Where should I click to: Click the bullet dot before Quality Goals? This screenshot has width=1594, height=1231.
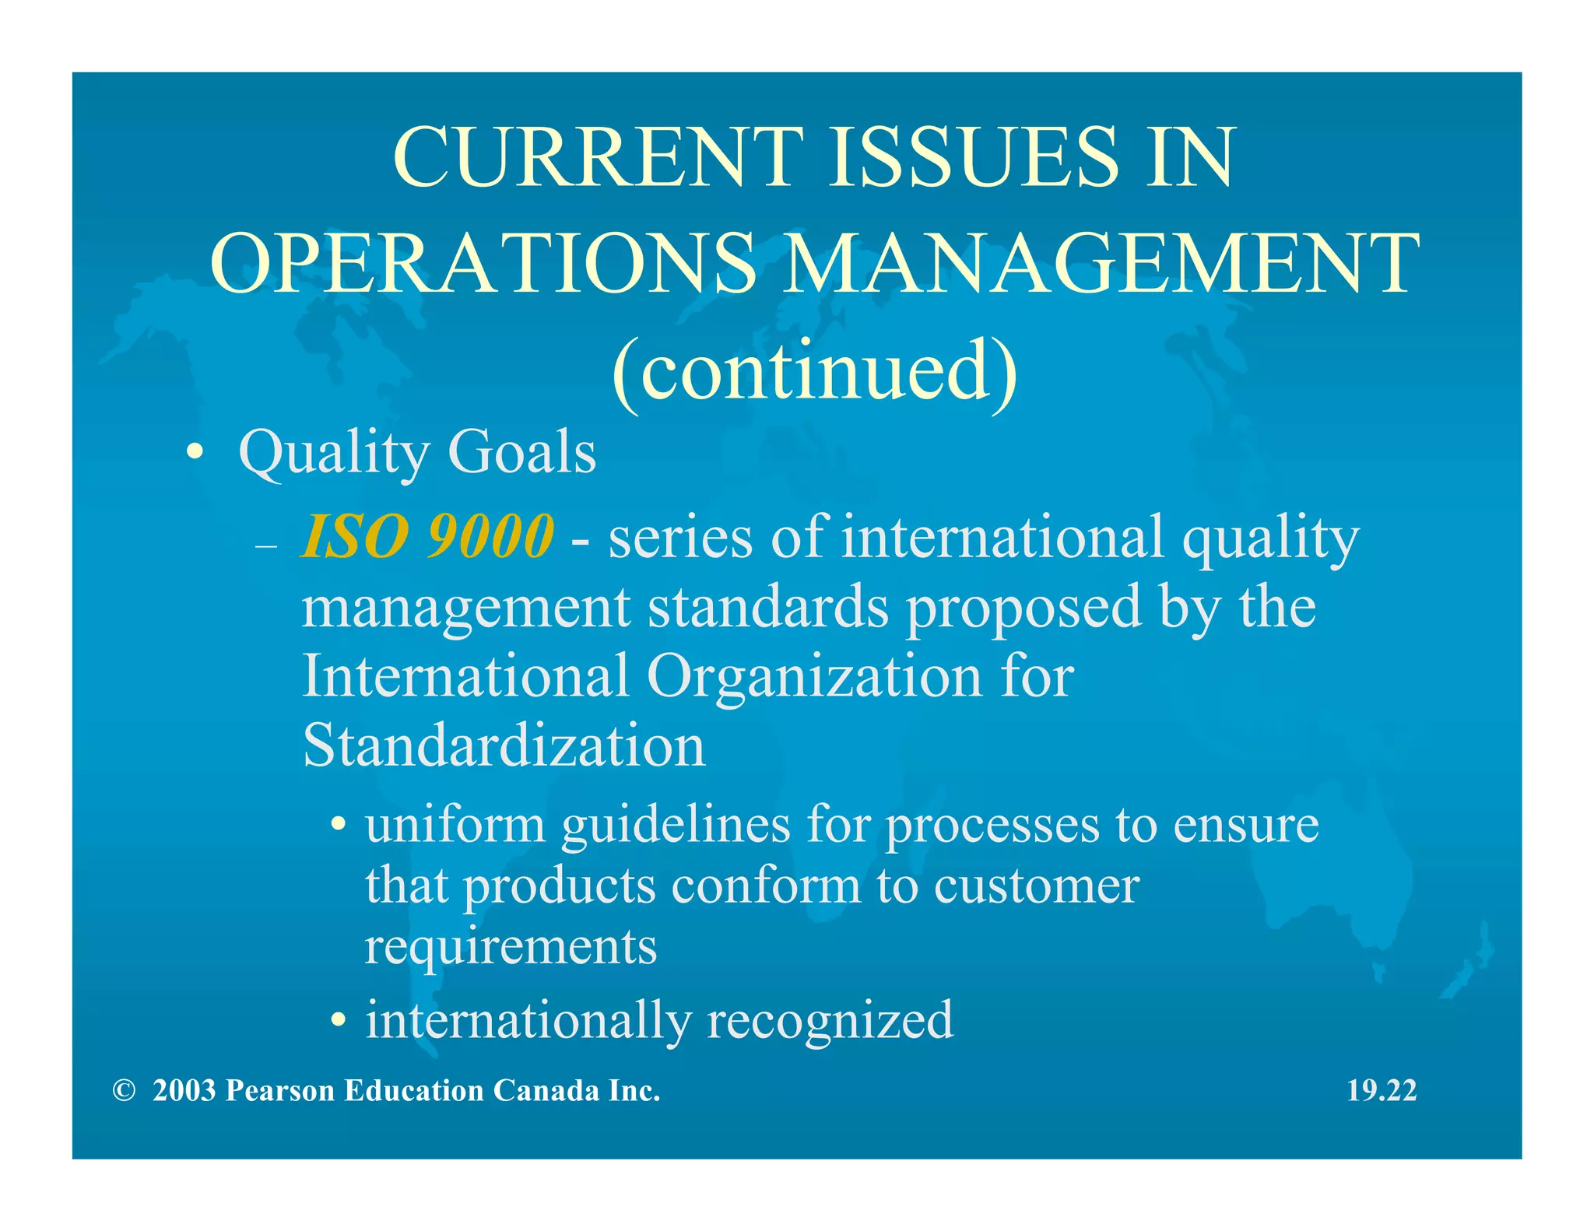195,452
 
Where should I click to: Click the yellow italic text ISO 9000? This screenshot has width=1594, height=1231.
427,536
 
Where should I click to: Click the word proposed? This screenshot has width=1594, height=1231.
1023,608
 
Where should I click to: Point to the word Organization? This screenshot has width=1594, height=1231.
814,675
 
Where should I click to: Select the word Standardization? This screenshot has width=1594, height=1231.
504,745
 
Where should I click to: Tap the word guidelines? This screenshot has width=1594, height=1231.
676,825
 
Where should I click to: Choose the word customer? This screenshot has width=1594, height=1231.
1037,886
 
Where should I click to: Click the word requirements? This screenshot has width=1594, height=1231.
511,948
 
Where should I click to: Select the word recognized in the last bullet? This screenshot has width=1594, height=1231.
830,1019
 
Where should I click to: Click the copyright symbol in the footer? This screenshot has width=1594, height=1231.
124,1090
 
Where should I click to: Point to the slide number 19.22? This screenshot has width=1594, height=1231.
1382,1090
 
